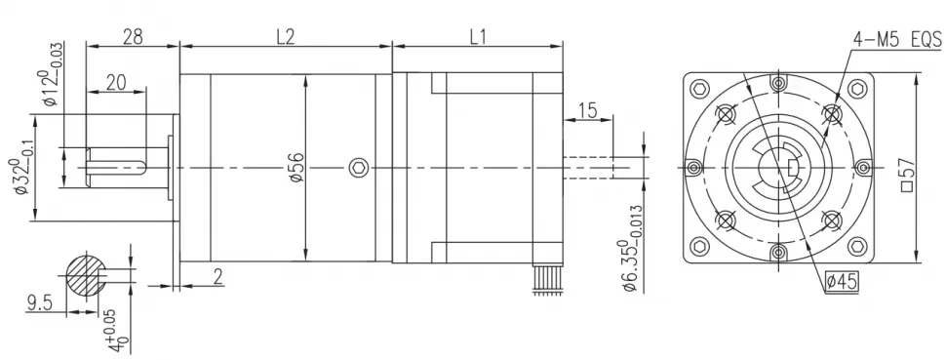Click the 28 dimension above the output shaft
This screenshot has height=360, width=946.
pos(134,37)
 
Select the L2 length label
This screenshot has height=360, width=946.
pos(285,37)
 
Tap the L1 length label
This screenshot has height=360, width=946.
pos(478,37)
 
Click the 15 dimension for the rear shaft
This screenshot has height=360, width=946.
pos(587,110)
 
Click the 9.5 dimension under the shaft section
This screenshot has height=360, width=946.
pos(39,304)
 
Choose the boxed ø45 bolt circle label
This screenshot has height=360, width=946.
pos(840,282)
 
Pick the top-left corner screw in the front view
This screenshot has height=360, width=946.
pos(698,89)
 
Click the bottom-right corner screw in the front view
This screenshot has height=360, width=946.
pos(857,248)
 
